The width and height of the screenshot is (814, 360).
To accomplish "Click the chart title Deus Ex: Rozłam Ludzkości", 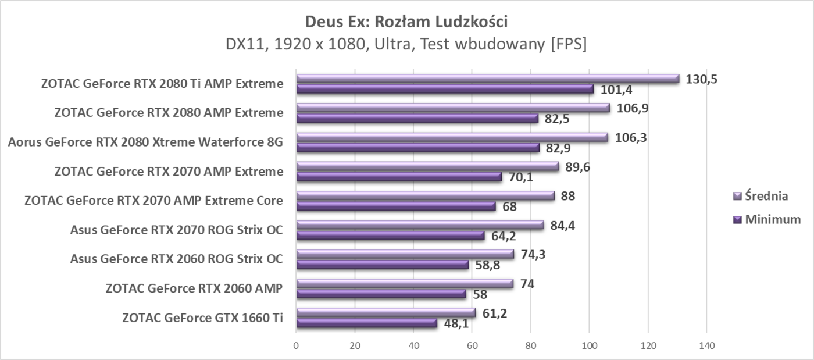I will tap(406, 22).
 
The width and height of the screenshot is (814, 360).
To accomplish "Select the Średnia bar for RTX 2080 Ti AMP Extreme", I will tap(487, 79).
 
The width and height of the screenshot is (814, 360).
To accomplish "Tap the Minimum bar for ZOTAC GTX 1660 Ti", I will tap(366, 323).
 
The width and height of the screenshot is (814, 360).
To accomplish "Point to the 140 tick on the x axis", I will tap(706, 345).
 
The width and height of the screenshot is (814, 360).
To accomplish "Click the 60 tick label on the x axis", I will tap(472, 345).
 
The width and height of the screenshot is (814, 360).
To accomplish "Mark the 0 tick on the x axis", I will tap(297, 345).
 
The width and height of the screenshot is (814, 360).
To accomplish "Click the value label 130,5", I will tap(702, 79).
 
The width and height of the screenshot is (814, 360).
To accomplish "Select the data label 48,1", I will tap(456, 323).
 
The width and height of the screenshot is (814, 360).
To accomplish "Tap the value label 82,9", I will tap(558, 148).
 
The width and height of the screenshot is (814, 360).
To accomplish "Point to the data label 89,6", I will tap(578, 166).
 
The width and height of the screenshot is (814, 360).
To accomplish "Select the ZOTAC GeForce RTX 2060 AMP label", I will tap(194, 288).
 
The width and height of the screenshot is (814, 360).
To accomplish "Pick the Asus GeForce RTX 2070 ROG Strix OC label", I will tap(176, 230).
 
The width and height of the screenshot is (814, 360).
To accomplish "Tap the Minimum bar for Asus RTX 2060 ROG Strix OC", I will tap(382, 265).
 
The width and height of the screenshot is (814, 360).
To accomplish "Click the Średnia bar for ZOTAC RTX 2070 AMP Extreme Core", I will tap(425, 196).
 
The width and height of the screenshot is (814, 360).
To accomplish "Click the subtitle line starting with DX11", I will tap(406, 45).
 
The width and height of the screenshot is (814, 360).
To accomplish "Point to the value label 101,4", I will tap(613, 90).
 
